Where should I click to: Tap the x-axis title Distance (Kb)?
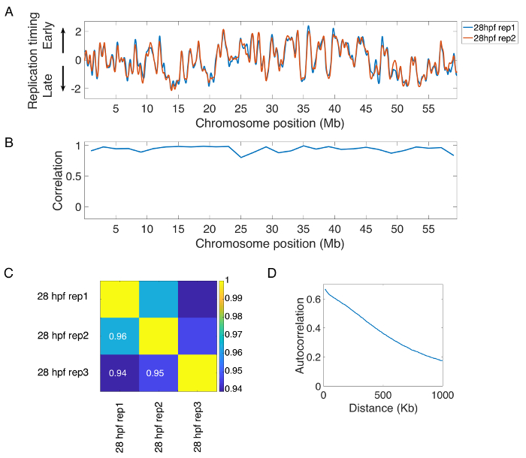tap(382, 410)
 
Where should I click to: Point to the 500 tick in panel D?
tap(382, 396)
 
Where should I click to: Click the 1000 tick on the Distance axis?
tap(442, 396)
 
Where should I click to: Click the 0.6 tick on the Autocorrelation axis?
tap(313, 298)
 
